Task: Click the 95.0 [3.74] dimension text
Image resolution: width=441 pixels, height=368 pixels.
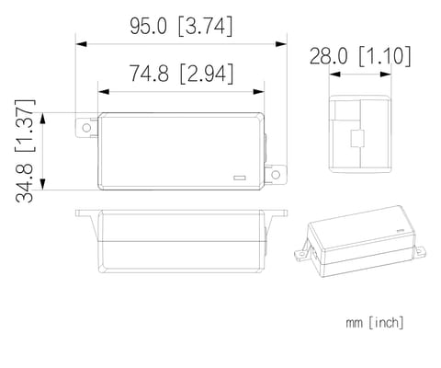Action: coord(179,27)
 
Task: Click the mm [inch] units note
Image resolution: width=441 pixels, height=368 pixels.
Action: coord(375,323)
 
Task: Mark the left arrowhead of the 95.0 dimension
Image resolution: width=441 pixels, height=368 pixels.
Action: coord(80,43)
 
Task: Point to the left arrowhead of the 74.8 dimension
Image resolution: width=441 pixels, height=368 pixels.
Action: coord(100,91)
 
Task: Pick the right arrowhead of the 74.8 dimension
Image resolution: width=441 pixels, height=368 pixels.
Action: coord(261,91)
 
